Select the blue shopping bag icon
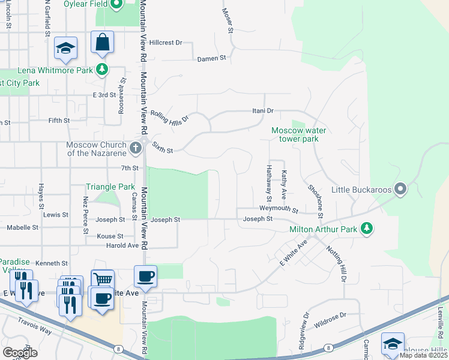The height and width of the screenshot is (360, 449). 102,43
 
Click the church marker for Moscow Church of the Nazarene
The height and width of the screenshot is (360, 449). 136,146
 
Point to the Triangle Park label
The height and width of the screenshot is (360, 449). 110,187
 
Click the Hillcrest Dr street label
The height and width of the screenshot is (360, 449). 166,43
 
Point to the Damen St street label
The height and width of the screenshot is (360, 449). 211,59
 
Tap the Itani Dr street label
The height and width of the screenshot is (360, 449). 262,111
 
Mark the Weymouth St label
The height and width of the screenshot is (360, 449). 279,209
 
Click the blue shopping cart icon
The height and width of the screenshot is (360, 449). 103,280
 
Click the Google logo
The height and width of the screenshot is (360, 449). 20,352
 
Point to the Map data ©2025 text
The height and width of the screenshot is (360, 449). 423,355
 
